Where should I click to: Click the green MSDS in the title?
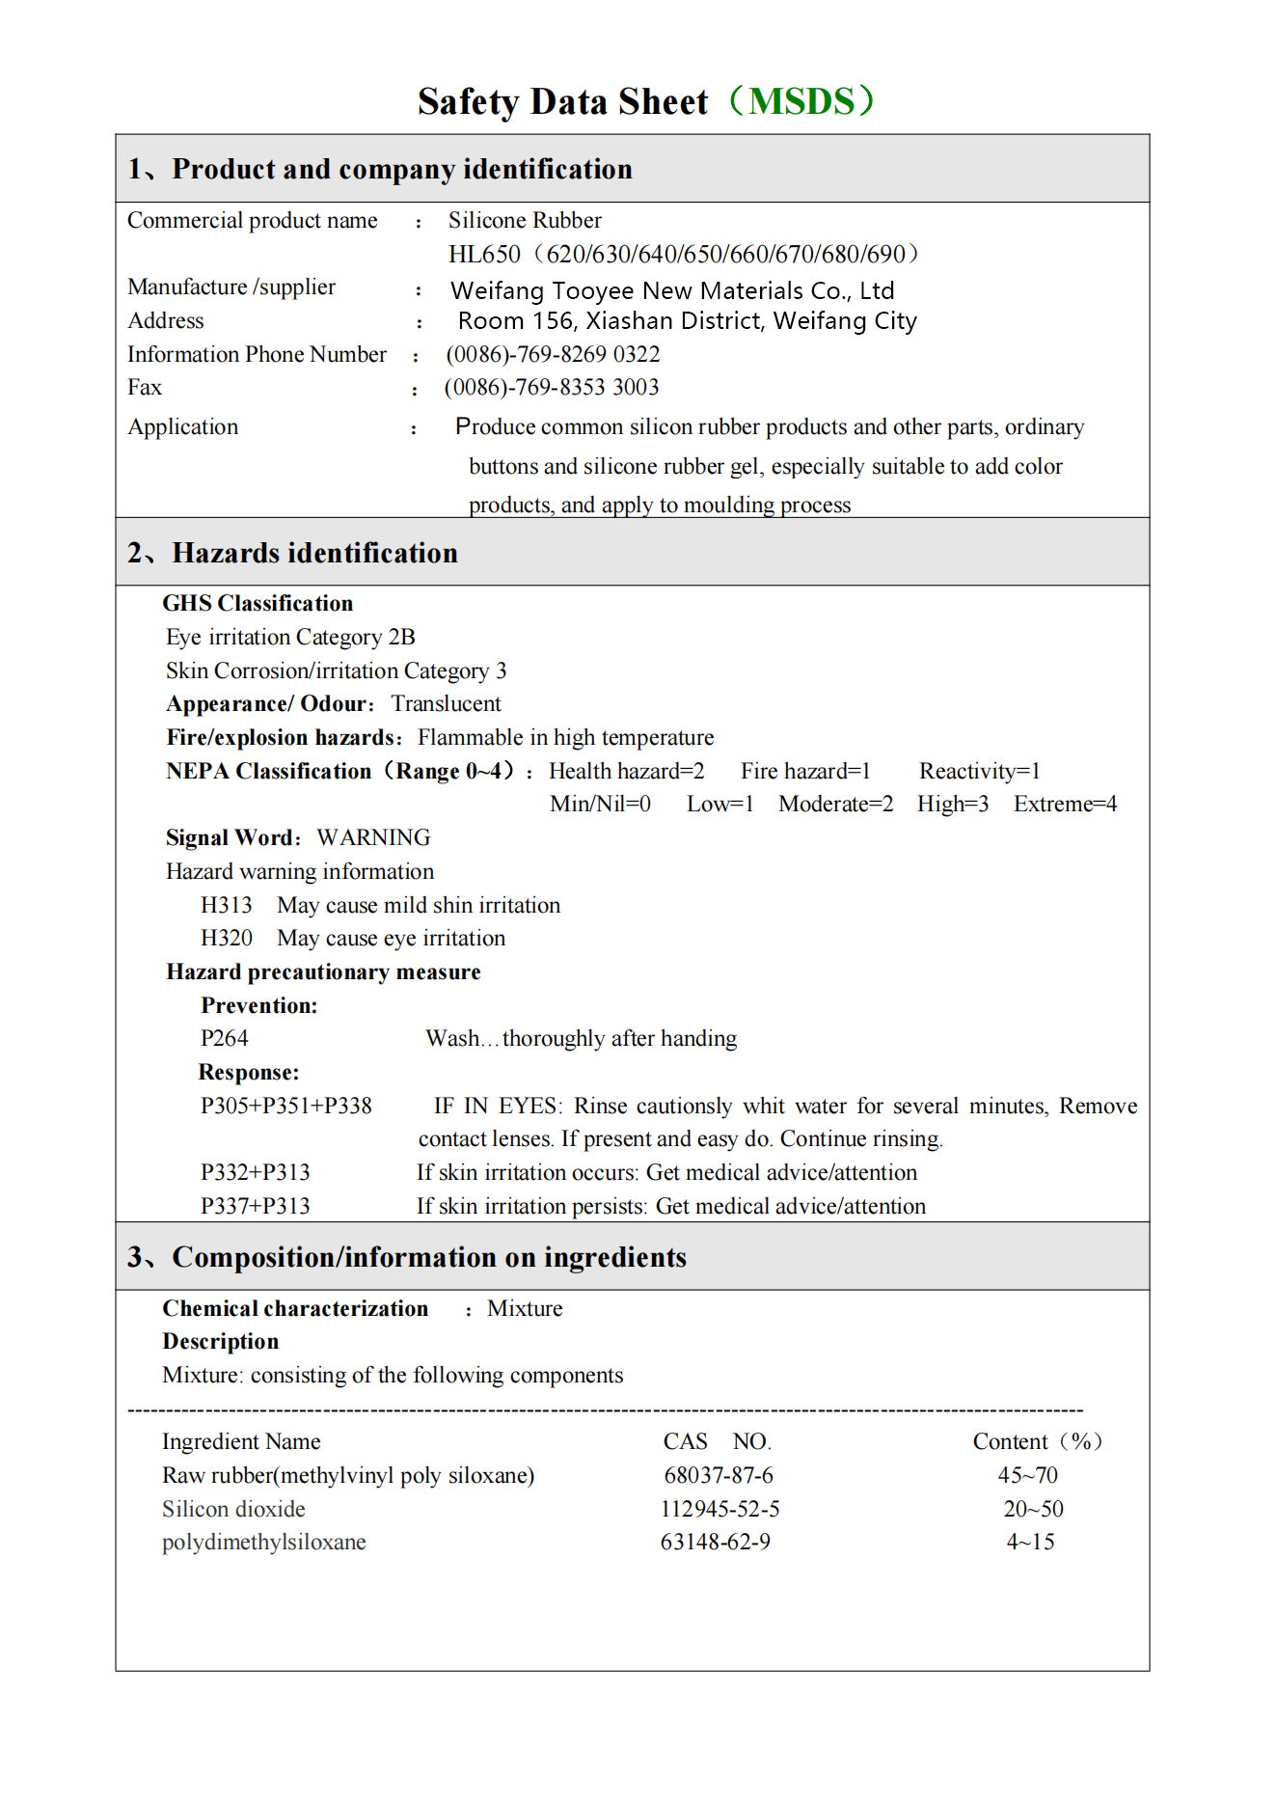(801, 101)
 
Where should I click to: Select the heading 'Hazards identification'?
(314, 553)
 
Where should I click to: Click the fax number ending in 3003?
(552, 387)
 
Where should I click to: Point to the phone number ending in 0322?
(553, 354)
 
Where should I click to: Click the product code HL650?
(484, 254)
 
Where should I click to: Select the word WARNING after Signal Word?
(373, 837)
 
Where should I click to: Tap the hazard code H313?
(226, 905)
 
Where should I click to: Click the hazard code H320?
(226, 938)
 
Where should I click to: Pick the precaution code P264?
(224, 1038)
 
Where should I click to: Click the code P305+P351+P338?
(285, 1106)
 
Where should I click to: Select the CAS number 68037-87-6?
(718, 1475)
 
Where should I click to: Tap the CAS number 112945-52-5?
(719, 1509)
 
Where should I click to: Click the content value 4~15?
(1030, 1542)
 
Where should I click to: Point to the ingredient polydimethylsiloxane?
(263, 1542)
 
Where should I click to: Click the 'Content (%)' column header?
(1037, 1441)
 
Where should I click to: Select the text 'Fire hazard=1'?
(805, 771)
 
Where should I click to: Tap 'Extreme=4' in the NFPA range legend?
(1065, 804)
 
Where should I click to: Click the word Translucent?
(446, 703)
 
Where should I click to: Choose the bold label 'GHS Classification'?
(258, 603)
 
